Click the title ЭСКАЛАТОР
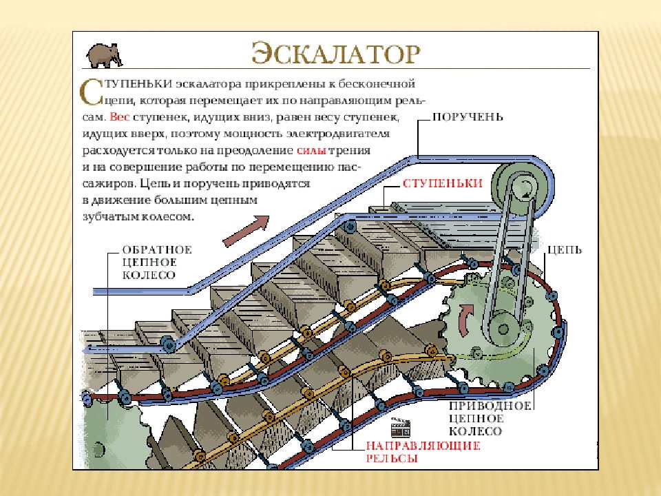(x=336, y=53)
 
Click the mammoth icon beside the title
(x=105, y=55)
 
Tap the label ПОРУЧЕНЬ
(x=468, y=116)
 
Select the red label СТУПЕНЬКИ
(x=442, y=183)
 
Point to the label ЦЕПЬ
(x=565, y=249)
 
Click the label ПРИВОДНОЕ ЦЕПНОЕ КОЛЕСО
(x=490, y=418)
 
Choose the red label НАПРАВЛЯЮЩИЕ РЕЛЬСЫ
(x=423, y=452)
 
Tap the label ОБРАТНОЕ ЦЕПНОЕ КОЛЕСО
(x=157, y=262)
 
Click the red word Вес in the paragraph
(x=119, y=117)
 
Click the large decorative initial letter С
(x=91, y=92)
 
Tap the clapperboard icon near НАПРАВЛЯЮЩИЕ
(x=401, y=427)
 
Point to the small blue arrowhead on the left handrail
(x=87, y=350)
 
